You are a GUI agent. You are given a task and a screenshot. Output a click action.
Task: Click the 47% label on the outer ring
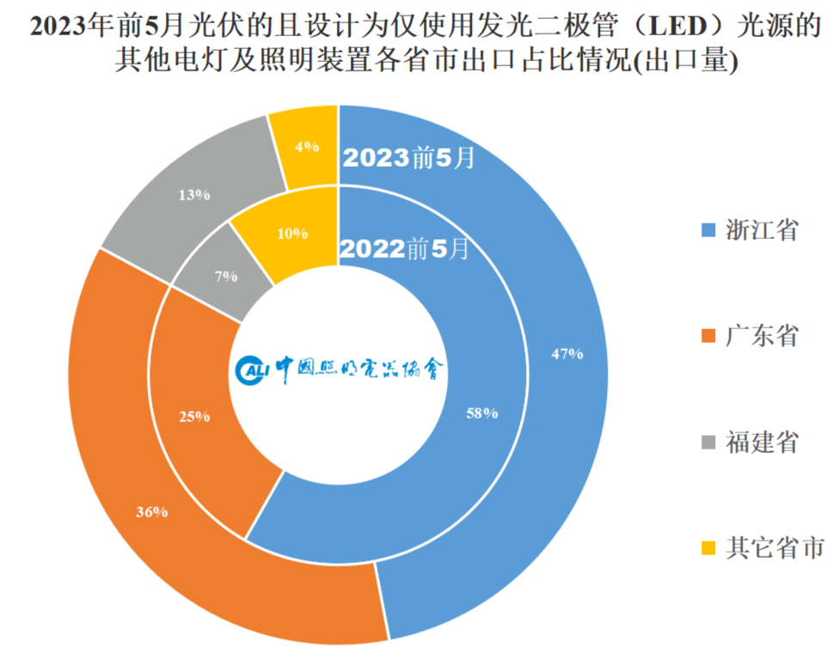coord(568,353)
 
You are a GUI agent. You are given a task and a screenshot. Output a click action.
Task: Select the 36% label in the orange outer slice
coord(151,512)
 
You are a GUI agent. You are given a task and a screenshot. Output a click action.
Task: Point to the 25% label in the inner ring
coord(194,417)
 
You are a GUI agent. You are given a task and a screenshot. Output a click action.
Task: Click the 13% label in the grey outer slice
coord(194,195)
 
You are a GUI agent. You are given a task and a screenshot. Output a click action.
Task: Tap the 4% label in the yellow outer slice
coord(307,146)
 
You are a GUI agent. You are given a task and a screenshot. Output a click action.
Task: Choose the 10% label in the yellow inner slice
coord(292,233)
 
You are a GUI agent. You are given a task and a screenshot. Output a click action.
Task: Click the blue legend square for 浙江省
coord(707,230)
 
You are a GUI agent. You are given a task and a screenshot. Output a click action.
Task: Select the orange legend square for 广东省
coord(707,336)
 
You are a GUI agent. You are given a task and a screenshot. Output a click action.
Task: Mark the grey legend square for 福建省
coord(707,442)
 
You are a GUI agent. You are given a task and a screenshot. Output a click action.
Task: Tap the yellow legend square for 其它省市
coord(707,547)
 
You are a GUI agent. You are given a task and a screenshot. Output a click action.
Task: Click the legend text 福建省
coord(762,442)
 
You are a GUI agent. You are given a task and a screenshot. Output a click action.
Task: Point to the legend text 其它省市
coord(775,547)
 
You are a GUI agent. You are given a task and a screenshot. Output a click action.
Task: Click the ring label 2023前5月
coord(408,159)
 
